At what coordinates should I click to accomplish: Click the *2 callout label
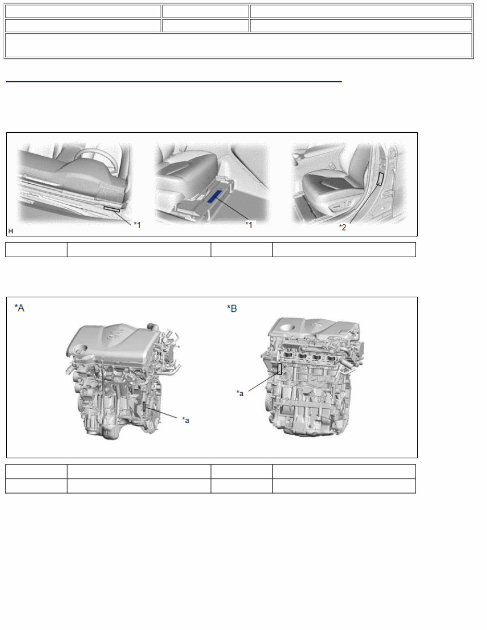(x=343, y=228)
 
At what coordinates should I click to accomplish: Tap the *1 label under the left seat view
(x=137, y=224)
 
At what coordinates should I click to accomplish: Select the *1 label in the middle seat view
(x=249, y=224)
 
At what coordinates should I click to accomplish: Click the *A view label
(x=19, y=308)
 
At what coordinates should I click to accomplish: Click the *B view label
(x=232, y=308)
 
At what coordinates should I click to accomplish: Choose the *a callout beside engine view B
(x=240, y=393)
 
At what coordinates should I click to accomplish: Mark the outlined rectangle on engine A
(x=144, y=407)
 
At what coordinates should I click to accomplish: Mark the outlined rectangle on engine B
(x=280, y=369)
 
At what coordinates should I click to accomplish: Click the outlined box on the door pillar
(x=380, y=179)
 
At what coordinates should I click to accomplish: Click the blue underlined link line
(x=173, y=82)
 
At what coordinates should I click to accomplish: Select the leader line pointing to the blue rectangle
(x=232, y=208)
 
